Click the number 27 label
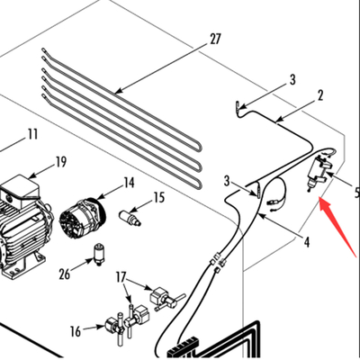[x=214, y=39]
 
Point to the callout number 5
[x=355, y=192]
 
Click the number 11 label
[x=32, y=134]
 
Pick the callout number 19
[x=60, y=162]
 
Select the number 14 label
[x=129, y=183]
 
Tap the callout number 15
[x=158, y=197]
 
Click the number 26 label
[x=63, y=274]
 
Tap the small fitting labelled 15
[x=132, y=218]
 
